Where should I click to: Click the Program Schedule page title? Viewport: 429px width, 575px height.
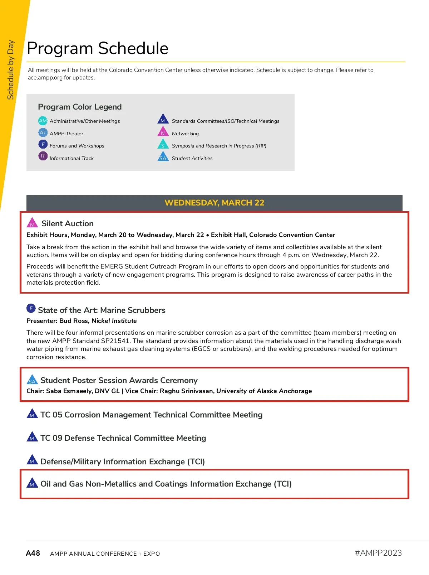click(98, 48)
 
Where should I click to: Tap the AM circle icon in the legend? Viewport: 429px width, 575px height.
click(43, 121)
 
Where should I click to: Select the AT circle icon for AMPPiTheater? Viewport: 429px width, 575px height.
click(43, 133)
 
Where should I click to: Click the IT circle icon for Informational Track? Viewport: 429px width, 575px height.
click(43, 156)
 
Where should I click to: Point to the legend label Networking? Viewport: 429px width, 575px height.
click(185, 134)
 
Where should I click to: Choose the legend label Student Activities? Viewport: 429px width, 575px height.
click(192, 158)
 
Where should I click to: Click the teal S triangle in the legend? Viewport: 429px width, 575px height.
click(163, 144)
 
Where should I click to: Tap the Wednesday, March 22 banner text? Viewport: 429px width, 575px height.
click(214, 203)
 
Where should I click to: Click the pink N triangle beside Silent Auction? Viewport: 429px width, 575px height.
click(32, 223)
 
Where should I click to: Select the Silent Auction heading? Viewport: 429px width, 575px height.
click(68, 223)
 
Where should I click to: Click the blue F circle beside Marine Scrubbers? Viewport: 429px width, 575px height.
click(31, 308)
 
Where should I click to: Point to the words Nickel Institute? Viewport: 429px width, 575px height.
click(114, 321)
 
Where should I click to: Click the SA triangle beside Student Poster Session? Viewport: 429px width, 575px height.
click(32, 380)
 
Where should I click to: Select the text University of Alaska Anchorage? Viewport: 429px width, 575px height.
click(264, 391)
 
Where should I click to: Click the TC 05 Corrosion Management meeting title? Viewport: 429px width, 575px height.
click(151, 415)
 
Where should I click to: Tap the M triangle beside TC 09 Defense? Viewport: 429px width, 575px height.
click(32, 437)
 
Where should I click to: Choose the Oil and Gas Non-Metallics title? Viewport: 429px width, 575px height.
click(166, 484)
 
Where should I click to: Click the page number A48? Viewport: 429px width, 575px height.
click(33, 553)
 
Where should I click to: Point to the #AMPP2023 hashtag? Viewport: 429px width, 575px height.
click(378, 553)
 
